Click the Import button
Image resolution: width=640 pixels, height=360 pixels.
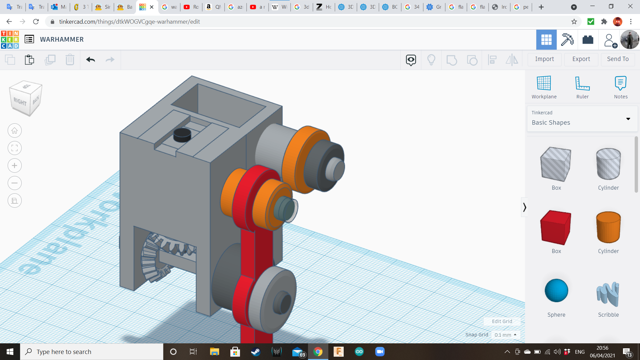[544, 59]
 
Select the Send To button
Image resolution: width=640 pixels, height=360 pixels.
[618, 59]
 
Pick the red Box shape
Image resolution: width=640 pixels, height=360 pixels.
[556, 228]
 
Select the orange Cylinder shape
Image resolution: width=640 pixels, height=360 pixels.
[608, 228]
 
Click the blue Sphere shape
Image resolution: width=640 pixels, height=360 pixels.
[556, 291]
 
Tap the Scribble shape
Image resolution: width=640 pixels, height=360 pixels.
[608, 294]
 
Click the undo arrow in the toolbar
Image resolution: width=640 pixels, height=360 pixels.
[90, 60]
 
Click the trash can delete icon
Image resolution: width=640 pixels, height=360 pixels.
[70, 60]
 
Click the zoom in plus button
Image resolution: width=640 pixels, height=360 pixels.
[15, 166]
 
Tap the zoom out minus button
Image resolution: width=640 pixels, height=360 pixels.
[15, 183]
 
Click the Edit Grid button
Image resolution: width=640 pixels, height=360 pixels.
[502, 321]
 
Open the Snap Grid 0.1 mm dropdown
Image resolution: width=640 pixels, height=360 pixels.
[505, 335]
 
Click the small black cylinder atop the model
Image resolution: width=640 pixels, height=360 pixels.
[182, 135]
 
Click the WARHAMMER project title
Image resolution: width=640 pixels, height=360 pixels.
[62, 39]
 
